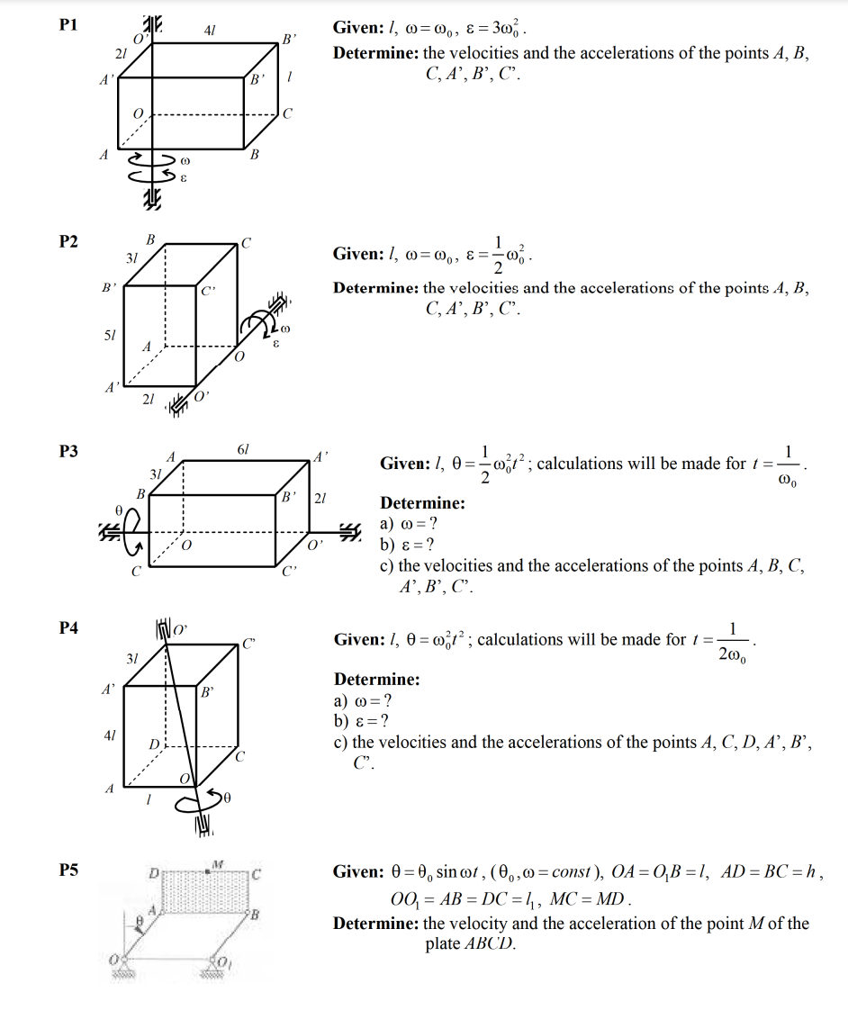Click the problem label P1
68,26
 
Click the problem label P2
68,241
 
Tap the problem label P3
68,451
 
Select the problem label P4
68,627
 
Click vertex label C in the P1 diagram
287,113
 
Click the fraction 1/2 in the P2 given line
498,255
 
